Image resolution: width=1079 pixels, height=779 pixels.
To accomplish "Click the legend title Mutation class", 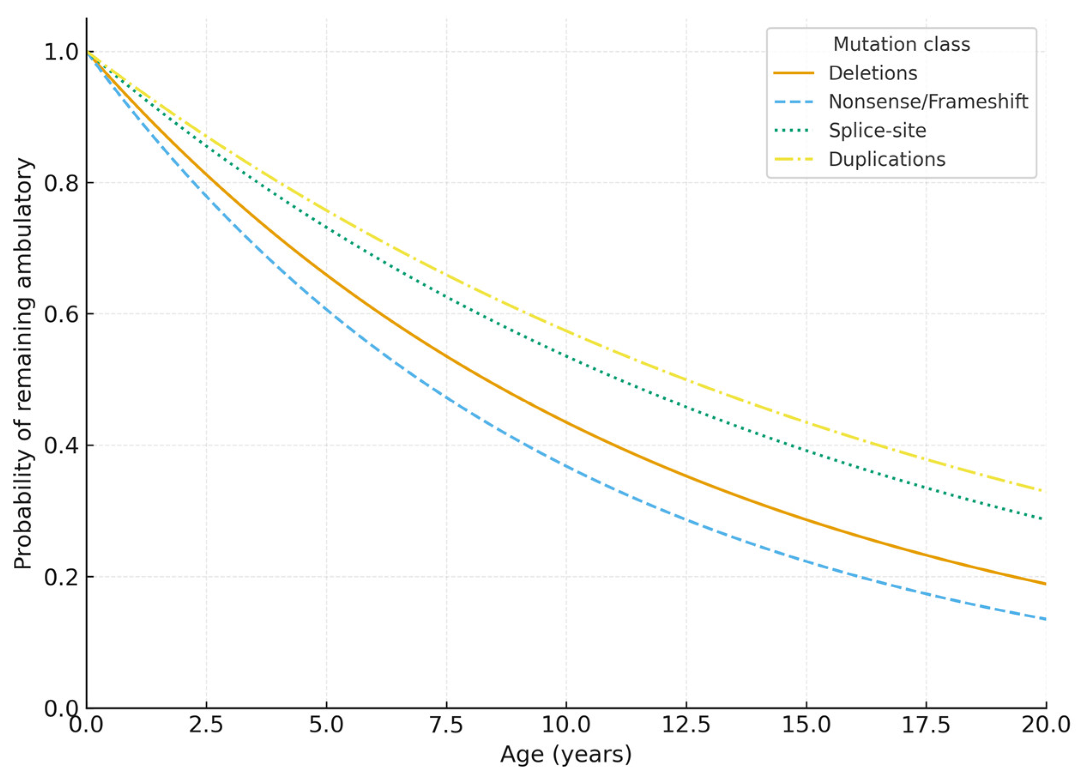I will (901, 44).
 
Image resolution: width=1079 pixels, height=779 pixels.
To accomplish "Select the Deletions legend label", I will (873, 73).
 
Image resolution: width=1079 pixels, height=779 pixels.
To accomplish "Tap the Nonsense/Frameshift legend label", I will (928, 101).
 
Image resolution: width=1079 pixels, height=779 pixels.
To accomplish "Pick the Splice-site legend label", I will (877, 130).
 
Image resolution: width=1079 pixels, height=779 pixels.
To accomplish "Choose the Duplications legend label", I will (887, 159).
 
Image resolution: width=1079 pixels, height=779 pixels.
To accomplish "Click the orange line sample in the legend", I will (793, 73).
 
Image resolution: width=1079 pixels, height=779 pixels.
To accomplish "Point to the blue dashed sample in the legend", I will (793, 101).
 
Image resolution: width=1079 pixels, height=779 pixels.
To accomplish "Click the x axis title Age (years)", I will (566, 755).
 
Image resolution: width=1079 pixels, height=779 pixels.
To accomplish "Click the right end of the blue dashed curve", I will (1045, 619).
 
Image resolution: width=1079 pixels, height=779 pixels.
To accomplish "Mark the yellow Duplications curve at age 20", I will (1045, 491).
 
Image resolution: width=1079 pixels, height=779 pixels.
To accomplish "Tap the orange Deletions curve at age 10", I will (566, 422).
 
